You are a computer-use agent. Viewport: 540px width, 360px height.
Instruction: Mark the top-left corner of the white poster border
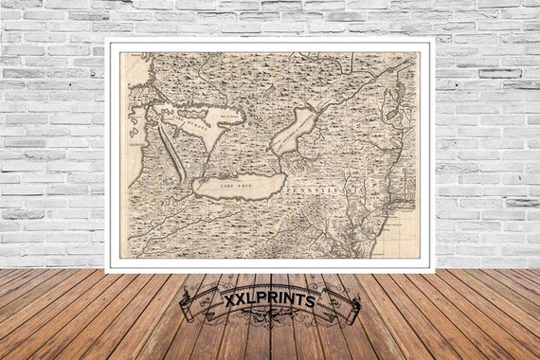click(x=107, y=39)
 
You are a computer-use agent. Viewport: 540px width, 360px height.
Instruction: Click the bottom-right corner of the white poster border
click(x=433, y=271)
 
